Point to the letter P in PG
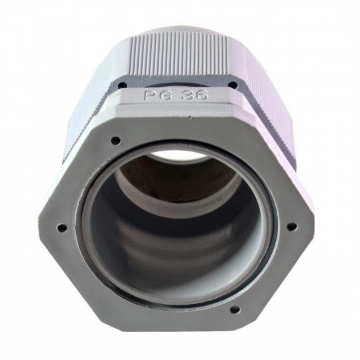[x=149, y=95]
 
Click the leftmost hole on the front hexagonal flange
[x=62, y=228]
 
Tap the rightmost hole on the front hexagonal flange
[x=292, y=227]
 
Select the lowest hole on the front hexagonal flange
[x=235, y=310]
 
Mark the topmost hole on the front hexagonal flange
[x=115, y=140]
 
